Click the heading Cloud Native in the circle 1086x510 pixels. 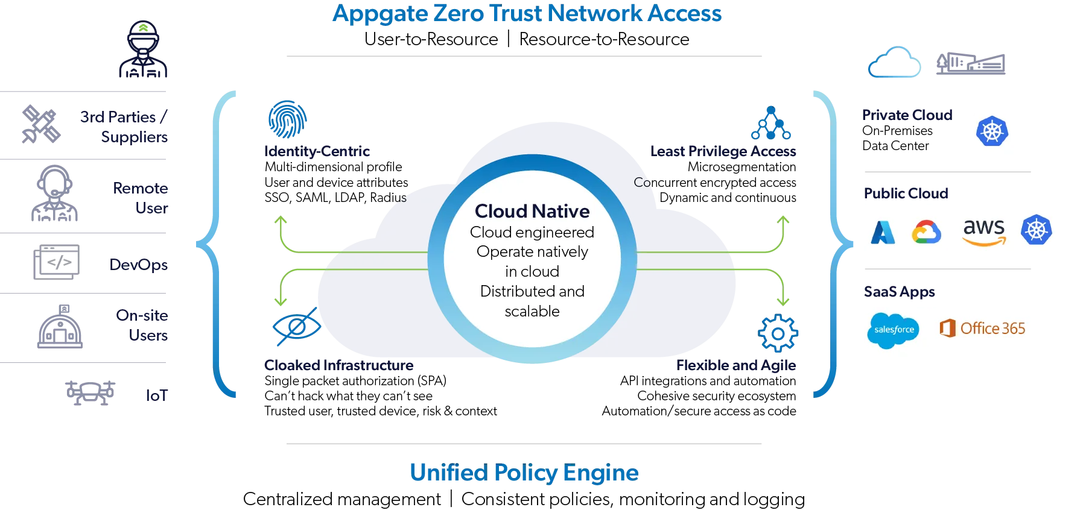[532, 212]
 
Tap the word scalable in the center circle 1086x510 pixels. [532, 312]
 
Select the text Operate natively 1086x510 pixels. [532, 252]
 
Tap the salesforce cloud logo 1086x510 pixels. [894, 330]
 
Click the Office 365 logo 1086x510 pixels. [982, 329]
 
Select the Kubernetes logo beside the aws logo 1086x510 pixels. [1036, 230]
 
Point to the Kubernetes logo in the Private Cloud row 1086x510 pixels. [992, 131]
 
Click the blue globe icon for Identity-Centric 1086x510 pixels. [287, 119]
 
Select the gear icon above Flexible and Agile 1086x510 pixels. [778, 333]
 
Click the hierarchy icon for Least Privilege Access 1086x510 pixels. [770, 122]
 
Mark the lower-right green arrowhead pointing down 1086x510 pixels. [783, 301]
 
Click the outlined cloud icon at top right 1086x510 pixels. [894, 63]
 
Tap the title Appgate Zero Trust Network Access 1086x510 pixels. [527, 13]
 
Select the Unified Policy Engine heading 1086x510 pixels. [525, 473]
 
